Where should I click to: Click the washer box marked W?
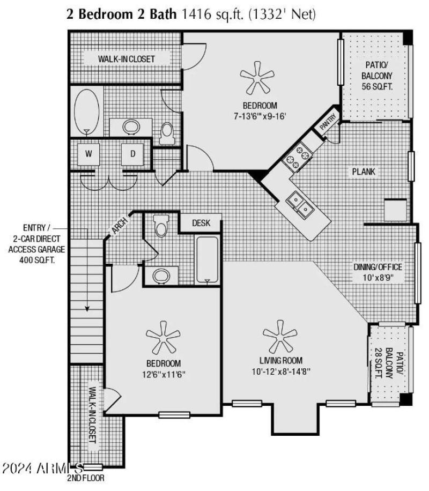88,154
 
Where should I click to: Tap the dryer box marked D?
132,154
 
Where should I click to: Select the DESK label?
201,223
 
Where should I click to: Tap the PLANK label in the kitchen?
364,172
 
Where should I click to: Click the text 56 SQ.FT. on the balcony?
376,86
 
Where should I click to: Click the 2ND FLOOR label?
86,478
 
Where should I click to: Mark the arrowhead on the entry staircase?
86,309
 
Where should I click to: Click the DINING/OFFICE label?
378,267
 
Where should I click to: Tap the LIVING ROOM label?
280,361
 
